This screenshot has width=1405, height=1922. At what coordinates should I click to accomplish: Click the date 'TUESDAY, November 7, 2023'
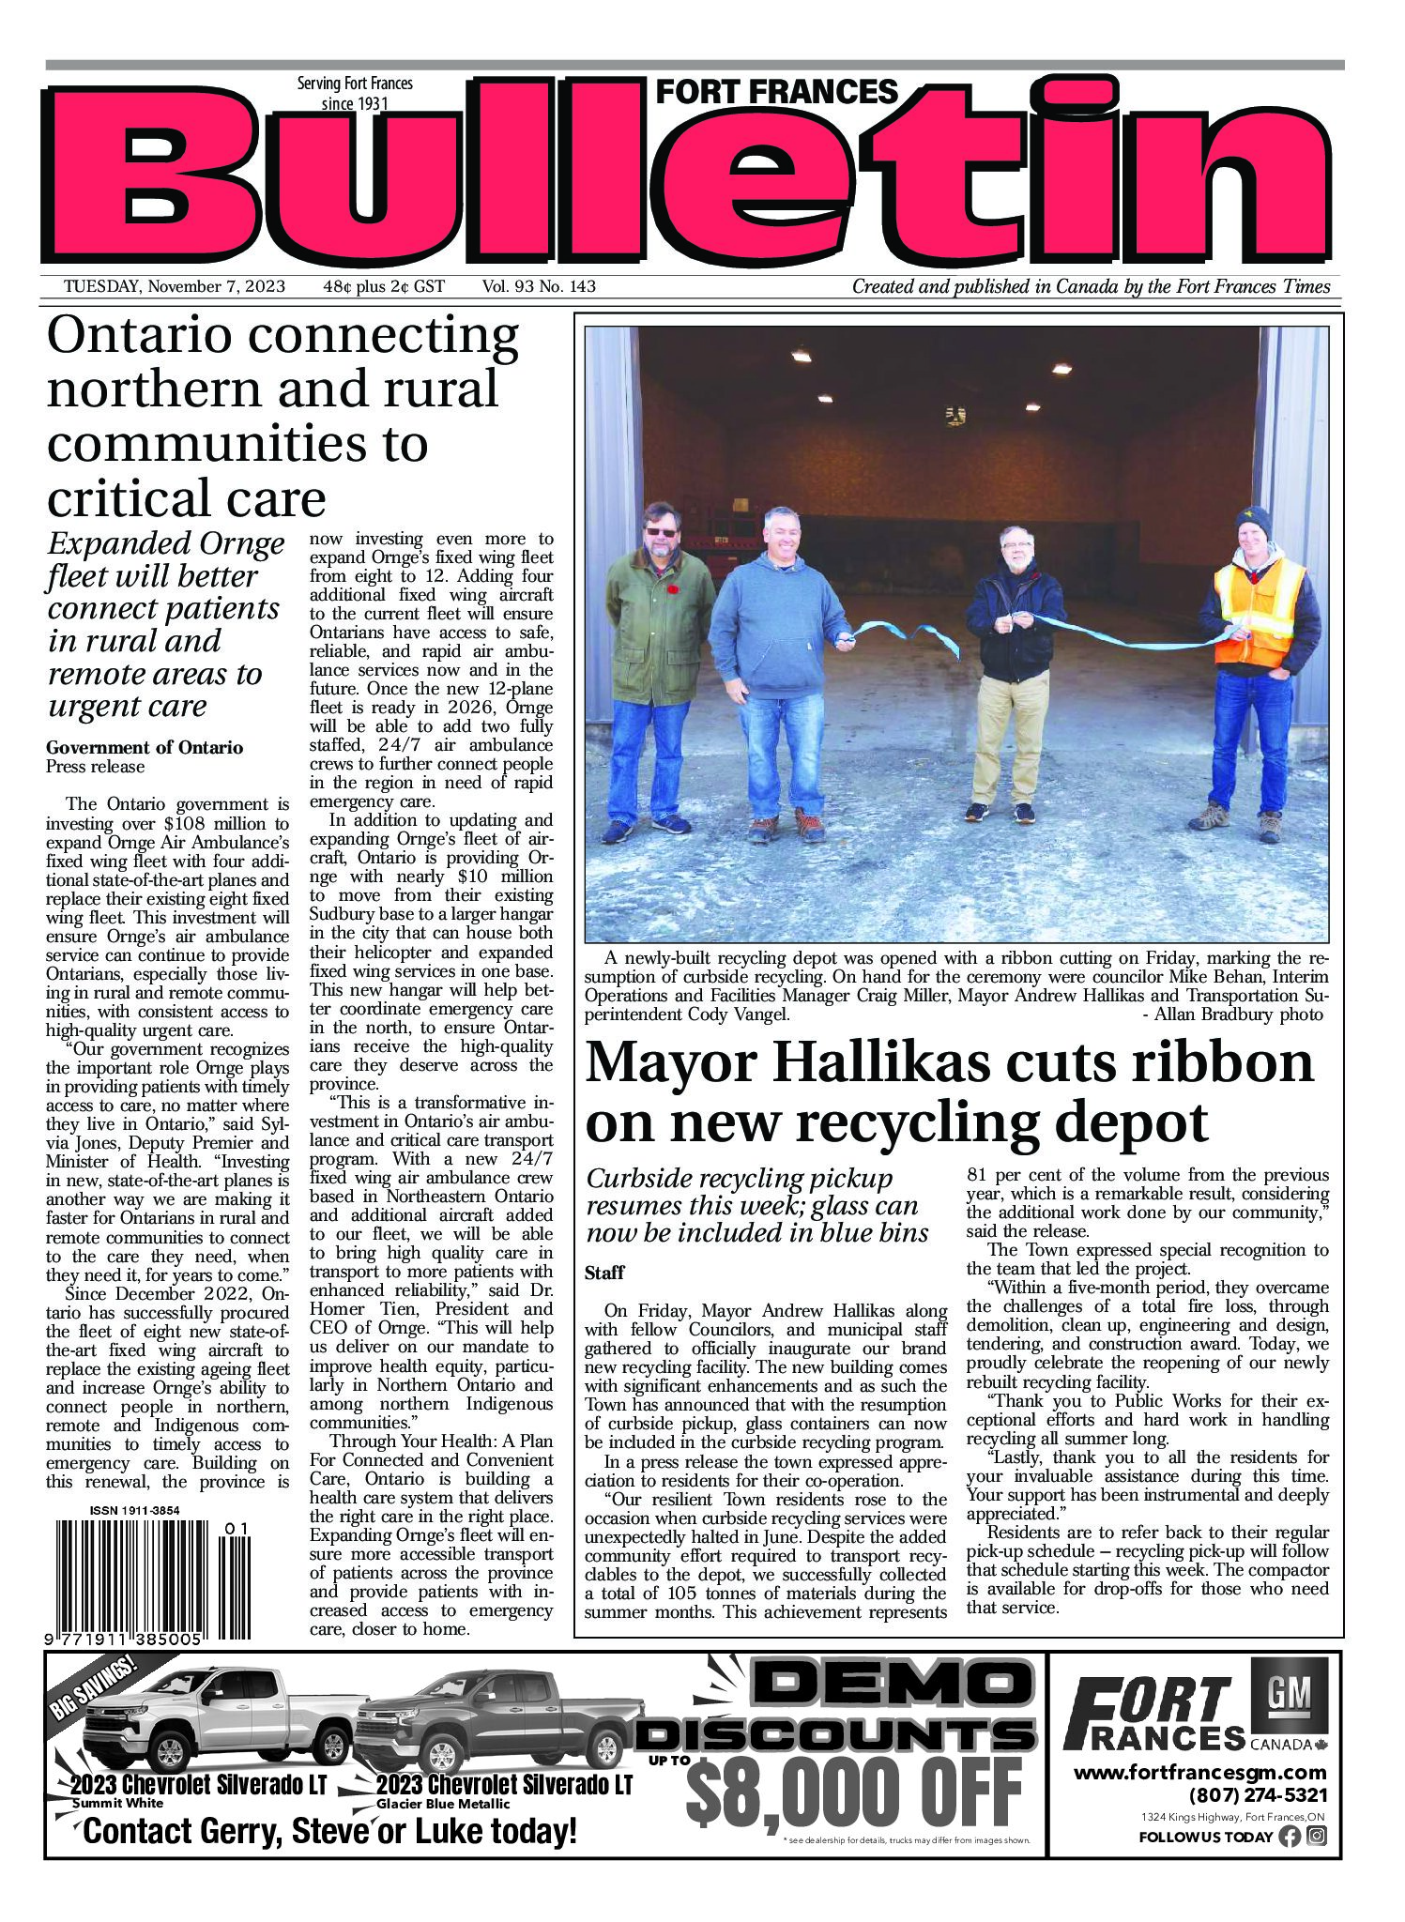coord(175,287)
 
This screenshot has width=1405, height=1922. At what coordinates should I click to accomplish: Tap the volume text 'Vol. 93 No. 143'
coord(540,287)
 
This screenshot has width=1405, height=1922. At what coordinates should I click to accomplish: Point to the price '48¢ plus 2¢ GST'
coord(384,287)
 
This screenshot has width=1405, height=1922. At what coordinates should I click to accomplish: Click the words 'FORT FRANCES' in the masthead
coord(776,92)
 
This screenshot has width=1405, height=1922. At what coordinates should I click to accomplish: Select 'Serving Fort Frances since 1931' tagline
coord(355,93)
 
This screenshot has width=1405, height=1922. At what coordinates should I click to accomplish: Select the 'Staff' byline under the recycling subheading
coord(604,1274)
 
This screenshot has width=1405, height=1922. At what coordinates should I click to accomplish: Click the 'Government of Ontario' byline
coord(145,748)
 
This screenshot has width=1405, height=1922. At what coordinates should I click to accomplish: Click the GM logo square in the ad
coord(1290,1694)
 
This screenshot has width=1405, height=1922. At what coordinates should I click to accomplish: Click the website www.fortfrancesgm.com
coord(1200,1773)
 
